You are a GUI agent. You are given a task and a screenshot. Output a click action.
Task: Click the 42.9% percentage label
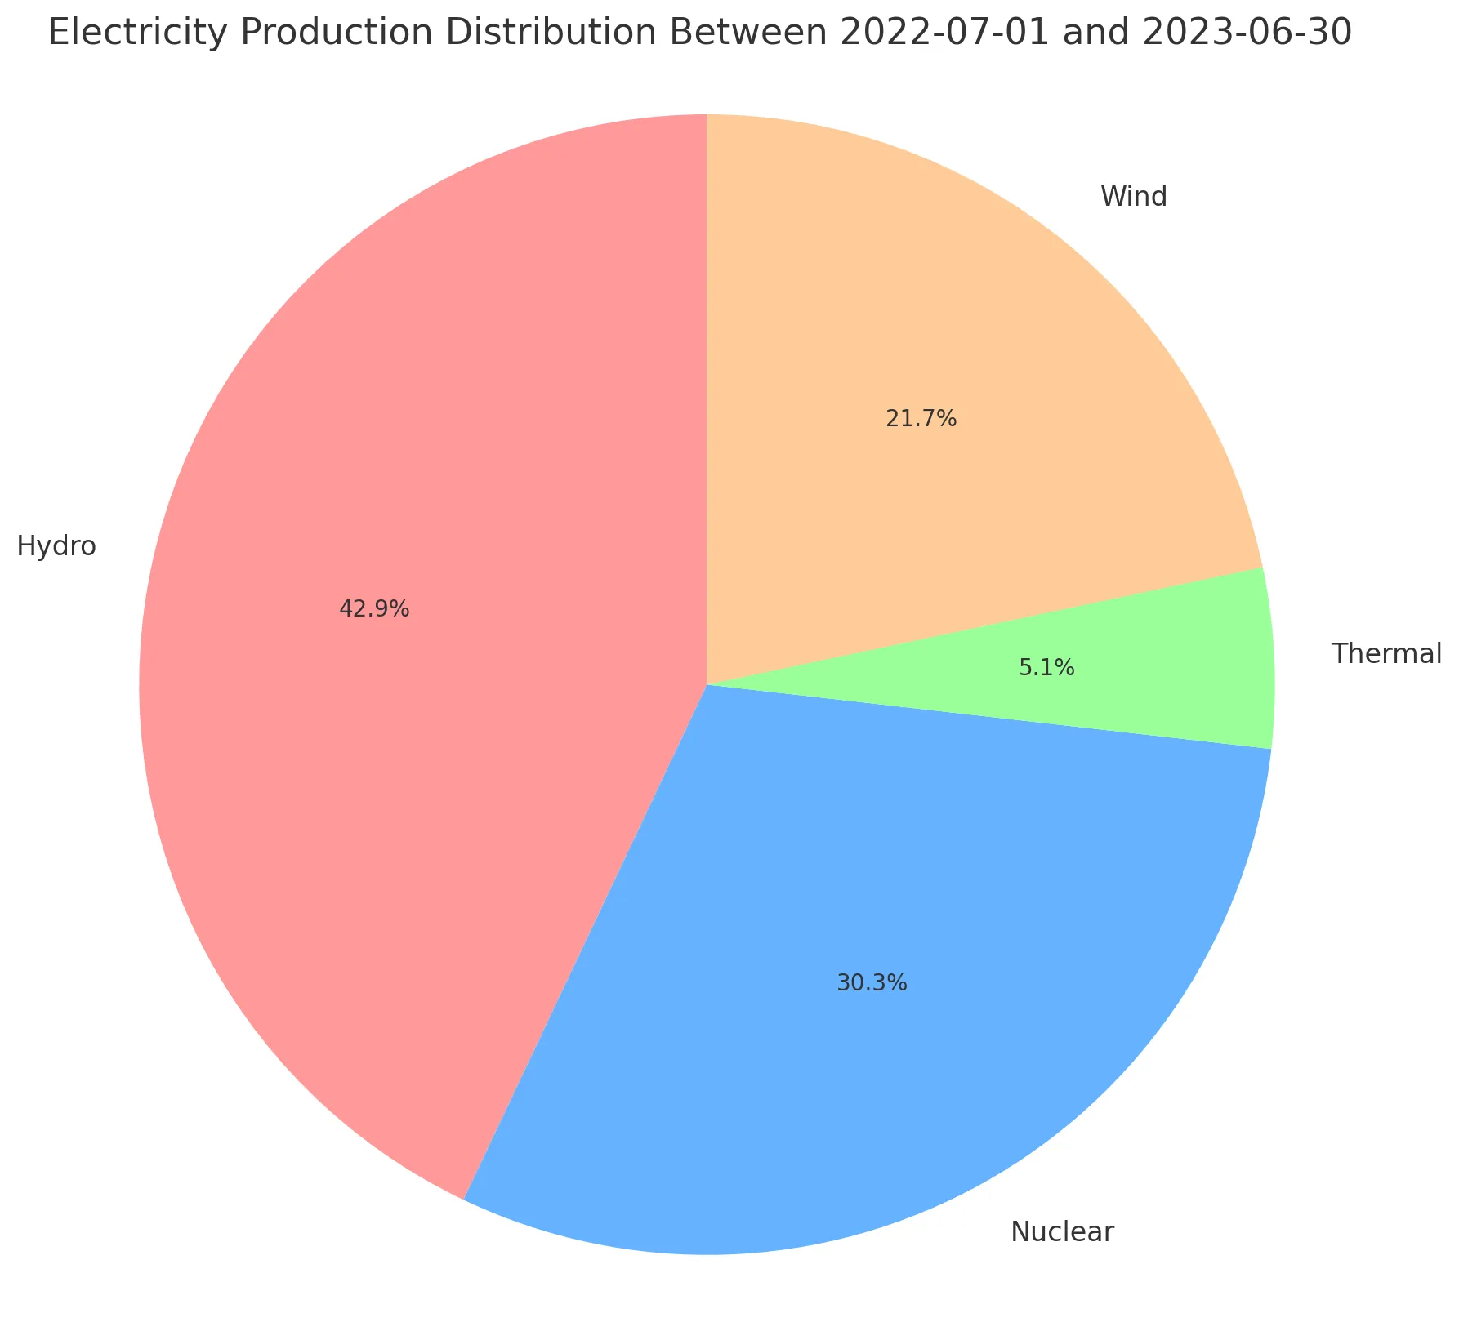pos(374,608)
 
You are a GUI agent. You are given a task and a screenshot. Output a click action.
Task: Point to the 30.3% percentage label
pos(872,983)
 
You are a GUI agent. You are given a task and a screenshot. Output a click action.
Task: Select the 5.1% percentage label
pos(1046,669)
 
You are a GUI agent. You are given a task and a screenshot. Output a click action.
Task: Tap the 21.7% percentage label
pos(921,419)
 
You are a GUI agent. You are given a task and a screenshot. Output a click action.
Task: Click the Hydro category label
pos(56,545)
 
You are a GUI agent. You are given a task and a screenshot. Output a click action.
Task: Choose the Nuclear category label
pos(1062,1231)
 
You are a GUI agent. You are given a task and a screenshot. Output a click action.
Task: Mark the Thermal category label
pos(1386,653)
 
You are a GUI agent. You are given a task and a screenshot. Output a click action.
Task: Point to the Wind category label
pos(1134,197)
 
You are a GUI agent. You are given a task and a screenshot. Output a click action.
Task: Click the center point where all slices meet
pos(707,684)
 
